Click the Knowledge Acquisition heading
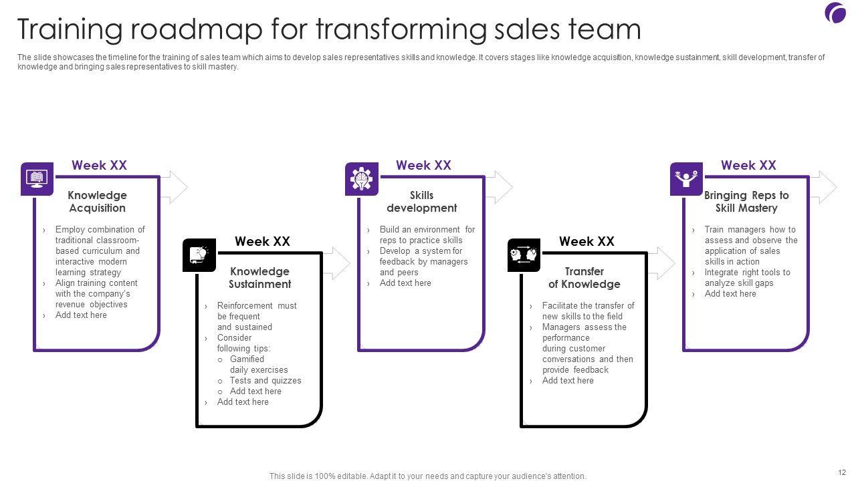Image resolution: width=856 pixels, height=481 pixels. [x=97, y=202]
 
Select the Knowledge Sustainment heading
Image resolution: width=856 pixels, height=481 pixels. [x=259, y=278]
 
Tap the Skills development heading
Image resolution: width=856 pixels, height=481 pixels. [x=421, y=202]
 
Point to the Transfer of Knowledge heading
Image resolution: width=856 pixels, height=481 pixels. [x=584, y=278]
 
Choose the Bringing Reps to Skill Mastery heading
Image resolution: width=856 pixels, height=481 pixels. [x=746, y=202]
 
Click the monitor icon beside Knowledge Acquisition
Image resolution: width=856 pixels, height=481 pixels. [x=37, y=179]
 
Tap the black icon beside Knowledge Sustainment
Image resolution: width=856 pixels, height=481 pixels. [x=199, y=255]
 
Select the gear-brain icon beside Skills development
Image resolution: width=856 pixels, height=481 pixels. [x=362, y=179]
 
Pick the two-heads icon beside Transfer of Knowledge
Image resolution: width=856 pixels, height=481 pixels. [x=524, y=255]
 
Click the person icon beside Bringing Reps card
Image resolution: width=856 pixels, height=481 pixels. [x=687, y=179]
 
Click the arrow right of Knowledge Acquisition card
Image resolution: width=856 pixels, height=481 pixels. [x=175, y=187]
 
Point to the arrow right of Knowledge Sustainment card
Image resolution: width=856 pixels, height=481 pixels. [x=338, y=263]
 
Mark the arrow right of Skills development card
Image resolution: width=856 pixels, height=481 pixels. [x=500, y=187]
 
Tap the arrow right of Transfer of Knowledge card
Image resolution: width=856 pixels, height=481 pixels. [x=662, y=263]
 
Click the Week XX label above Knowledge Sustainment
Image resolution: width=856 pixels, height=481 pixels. [x=262, y=241]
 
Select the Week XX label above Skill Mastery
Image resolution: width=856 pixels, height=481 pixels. [x=748, y=165]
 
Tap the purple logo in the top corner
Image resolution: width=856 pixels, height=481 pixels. [x=835, y=13]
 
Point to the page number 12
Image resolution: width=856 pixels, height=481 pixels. [x=841, y=472]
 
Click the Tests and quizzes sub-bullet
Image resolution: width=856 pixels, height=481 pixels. [x=265, y=381]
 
